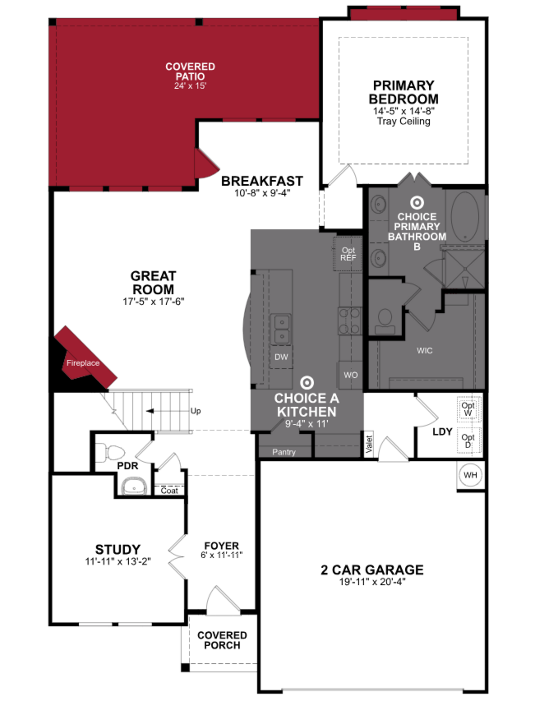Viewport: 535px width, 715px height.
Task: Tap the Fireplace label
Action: click(x=83, y=363)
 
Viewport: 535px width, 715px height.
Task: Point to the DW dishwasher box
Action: click(x=281, y=357)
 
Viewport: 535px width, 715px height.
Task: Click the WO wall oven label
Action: click(x=350, y=375)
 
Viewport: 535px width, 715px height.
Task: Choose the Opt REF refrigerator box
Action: click(x=348, y=254)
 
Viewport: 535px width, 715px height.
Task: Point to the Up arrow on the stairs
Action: click(x=150, y=411)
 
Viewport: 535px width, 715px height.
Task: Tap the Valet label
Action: click(x=369, y=444)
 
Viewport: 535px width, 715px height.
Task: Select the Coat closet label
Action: click(x=169, y=491)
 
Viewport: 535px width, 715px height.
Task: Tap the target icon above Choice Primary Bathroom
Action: click(x=417, y=203)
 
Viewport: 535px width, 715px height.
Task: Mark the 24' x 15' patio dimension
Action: click(x=190, y=86)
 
